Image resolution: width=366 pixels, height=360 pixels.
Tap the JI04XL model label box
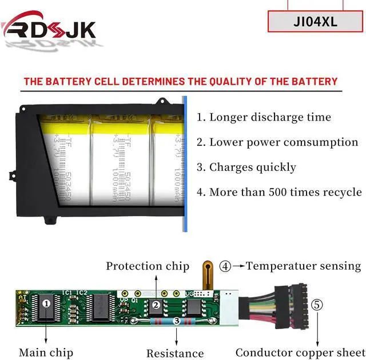pyautogui.click(x=315, y=22)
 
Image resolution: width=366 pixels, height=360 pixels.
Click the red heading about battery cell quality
pyautogui.click(x=181, y=81)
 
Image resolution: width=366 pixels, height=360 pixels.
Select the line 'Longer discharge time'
pyautogui.click(x=264, y=117)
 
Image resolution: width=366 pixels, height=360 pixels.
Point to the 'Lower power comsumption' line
pyautogui.click(x=277, y=142)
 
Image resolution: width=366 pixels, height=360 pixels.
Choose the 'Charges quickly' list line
pyautogui.click(x=246, y=167)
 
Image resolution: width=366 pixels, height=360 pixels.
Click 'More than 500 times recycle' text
pyautogui.click(x=279, y=192)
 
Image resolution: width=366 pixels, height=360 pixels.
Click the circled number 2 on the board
pyautogui.click(x=156, y=305)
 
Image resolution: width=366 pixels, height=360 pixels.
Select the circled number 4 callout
pyautogui.click(x=226, y=266)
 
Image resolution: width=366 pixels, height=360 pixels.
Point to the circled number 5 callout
pyautogui.click(x=316, y=304)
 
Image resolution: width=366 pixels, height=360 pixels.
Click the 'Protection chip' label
pyautogui.click(x=148, y=266)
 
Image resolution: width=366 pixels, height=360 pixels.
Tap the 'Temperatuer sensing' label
pyautogui.click(x=303, y=266)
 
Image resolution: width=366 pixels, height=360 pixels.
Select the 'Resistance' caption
pyautogui.click(x=175, y=354)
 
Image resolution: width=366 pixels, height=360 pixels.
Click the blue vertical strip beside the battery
pyautogui.click(x=185, y=163)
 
